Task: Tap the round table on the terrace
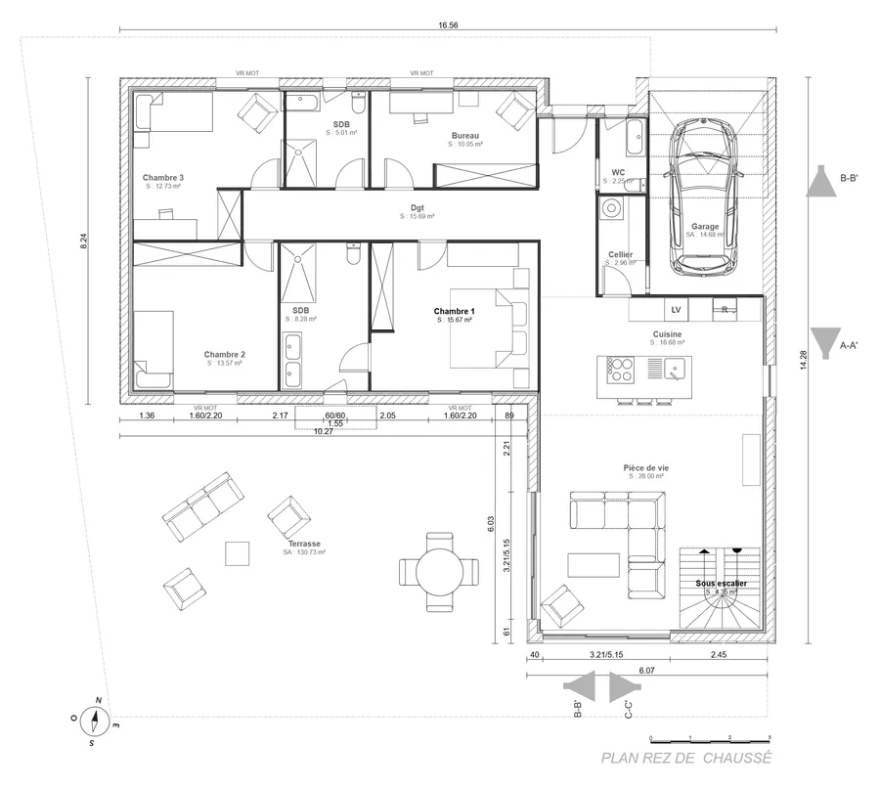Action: (x=440, y=570)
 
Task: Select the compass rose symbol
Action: (x=95, y=722)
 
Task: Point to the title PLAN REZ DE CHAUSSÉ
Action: (x=686, y=758)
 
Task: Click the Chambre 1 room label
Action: (x=454, y=312)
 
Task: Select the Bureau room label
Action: (x=465, y=136)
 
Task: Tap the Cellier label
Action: (x=620, y=255)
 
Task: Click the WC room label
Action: (x=618, y=173)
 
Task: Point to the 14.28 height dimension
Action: (x=804, y=361)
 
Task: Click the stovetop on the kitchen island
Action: (x=620, y=370)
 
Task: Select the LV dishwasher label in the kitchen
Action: (x=675, y=310)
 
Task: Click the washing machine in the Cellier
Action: (x=612, y=207)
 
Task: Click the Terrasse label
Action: (x=304, y=544)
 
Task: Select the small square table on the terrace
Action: (x=240, y=552)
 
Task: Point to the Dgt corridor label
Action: (x=418, y=208)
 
